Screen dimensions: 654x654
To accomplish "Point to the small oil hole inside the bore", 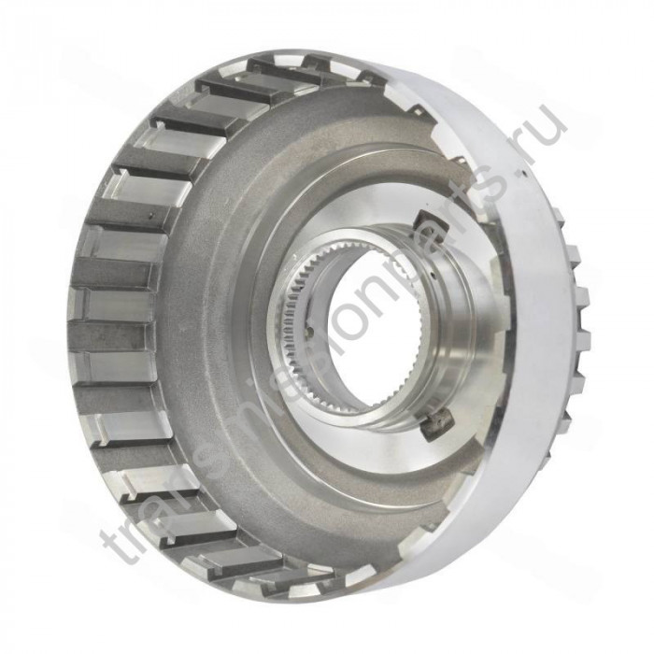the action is click(311, 332).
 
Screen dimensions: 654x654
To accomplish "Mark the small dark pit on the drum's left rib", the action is click(151, 216).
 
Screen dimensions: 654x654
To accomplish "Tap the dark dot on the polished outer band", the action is click(522, 171).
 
